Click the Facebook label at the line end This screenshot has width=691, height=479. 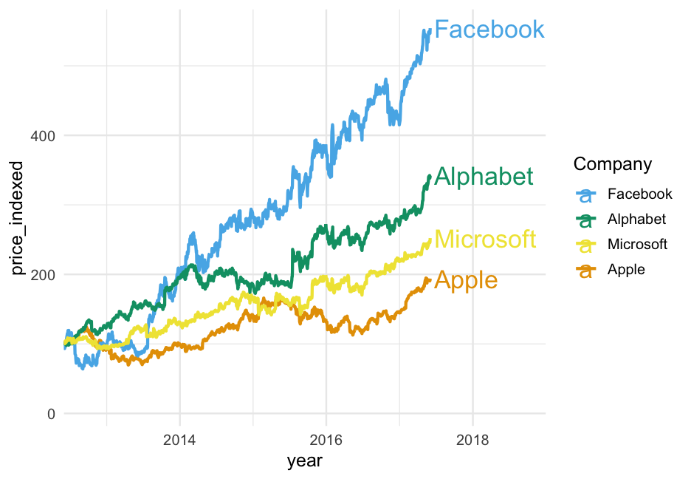pos(489,30)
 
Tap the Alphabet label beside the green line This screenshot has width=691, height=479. pos(484,177)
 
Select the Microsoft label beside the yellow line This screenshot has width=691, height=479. pos(485,239)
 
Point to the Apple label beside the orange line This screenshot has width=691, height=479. pos(466,280)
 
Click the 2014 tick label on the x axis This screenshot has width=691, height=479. pos(179,438)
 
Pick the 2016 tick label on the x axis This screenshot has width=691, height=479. pos(326,438)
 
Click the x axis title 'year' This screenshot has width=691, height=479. pos(305,461)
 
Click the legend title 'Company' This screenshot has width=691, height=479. pos(613,163)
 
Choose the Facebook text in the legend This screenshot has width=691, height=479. pos(639,194)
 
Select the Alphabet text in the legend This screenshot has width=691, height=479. pos(636,220)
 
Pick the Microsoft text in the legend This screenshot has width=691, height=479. pos(637,244)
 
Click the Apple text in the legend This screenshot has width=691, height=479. pos(626,269)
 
